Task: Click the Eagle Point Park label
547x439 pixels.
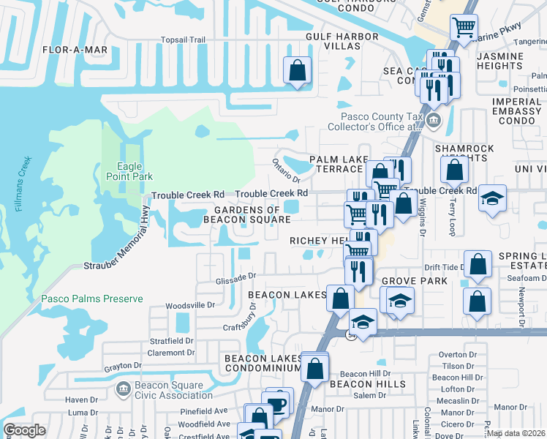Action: pyautogui.click(x=129, y=171)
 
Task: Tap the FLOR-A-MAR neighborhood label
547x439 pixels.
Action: pyautogui.click(x=75, y=50)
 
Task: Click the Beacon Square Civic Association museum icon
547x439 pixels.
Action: pyautogui.click(x=123, y=386)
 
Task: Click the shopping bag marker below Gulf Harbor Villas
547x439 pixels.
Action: pyautogui.click(x=298, y=71)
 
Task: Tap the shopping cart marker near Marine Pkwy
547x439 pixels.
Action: pyautogui.click(x=464, y=28)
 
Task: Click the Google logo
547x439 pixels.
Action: pyautogui.click(x=24, y=430)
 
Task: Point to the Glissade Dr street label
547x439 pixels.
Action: pyautogui.click(x=234, y=277)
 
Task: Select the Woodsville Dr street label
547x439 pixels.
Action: pyautogui.click(x=191, y=305)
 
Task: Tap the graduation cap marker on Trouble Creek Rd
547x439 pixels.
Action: pyautogui.click(x=493, y=197)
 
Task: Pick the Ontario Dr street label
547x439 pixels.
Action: pyautogui.click(x=286, y=170)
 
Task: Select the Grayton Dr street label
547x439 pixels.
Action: pyautogui.click(x=122, y=365)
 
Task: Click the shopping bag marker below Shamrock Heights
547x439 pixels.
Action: pyautogui.click(x=454, y=170)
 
